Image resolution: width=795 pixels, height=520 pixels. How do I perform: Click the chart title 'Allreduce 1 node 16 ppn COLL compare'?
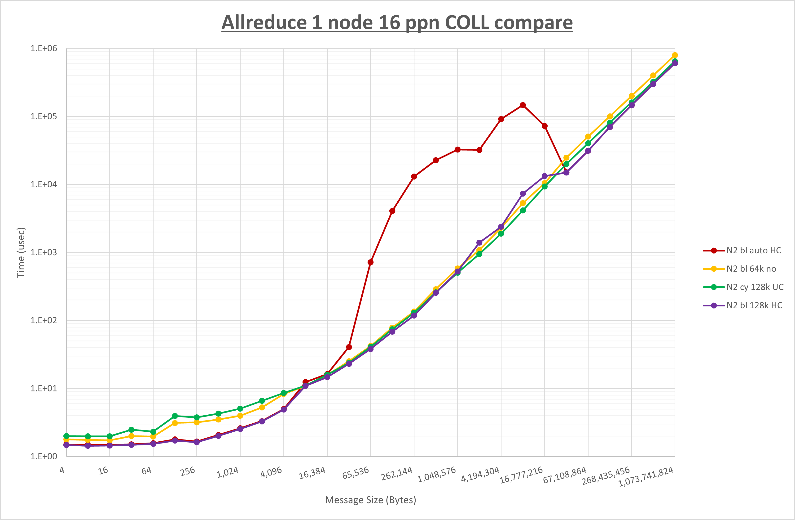click(x=397, y=22)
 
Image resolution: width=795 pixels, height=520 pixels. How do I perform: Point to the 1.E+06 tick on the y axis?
click(x=44, y=49)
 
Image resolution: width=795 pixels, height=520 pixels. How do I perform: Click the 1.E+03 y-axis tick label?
click(x=44, y=252)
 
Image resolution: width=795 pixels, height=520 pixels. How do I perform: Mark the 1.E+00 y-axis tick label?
click(x=44, y=457)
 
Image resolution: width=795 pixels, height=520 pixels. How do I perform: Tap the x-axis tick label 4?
click(x=62, y=470)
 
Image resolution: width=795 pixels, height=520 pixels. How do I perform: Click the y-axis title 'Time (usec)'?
click(x=21, y=252)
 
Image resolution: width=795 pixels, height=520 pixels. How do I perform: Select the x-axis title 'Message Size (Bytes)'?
click(x=370, y=500)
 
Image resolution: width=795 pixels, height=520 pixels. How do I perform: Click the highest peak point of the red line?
click(x=523, y=105)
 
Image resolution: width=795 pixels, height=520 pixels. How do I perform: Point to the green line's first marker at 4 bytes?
click(x=66, y=436)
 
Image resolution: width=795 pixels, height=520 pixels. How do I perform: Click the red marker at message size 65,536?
click(x=370, y=262)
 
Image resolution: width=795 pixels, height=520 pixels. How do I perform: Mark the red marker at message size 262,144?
click(x=414, y=177)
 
